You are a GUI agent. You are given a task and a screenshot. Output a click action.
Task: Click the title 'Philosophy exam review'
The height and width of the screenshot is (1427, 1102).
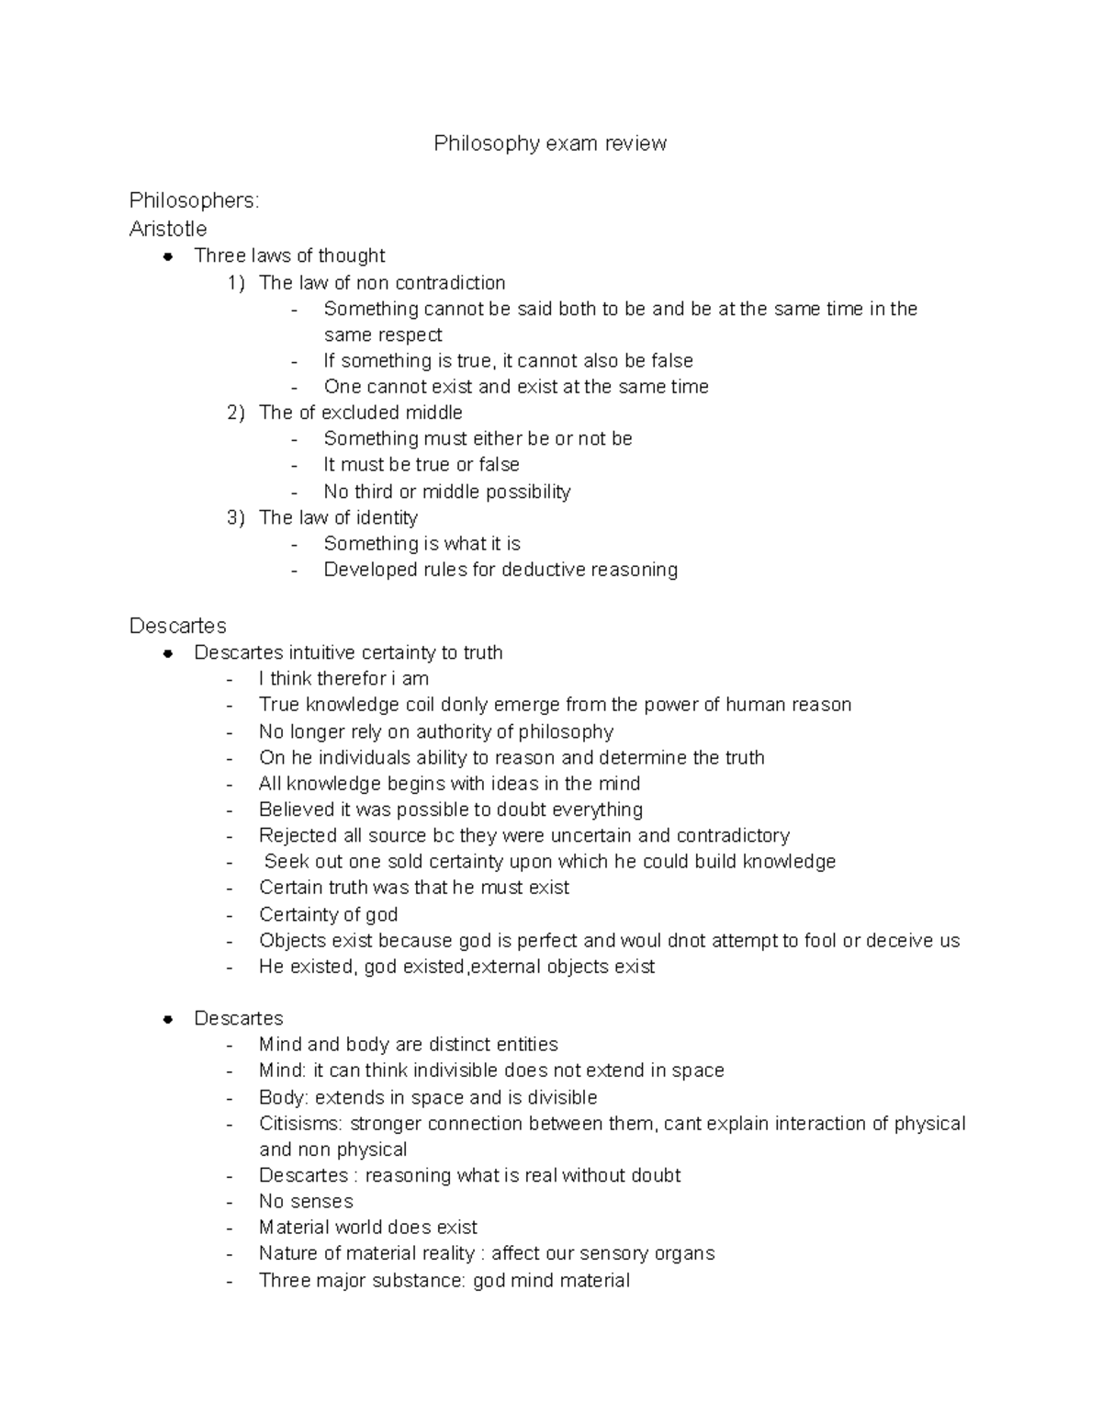tap(550, 143)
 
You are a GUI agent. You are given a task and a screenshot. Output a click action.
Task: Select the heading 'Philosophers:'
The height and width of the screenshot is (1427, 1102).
tap(194, 200)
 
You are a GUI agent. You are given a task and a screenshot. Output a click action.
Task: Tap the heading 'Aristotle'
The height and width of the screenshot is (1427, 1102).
tap(168, 229)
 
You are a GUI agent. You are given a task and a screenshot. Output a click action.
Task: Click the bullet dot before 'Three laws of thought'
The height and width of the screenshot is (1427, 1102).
tap(168, 256)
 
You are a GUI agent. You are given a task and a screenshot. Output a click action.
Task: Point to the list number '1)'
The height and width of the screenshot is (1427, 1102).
tap(236, 283)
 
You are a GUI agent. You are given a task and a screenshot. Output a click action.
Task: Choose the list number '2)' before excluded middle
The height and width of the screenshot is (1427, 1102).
tap(236, 413)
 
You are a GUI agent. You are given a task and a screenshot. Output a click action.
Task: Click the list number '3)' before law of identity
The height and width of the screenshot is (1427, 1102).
tap(236, 517)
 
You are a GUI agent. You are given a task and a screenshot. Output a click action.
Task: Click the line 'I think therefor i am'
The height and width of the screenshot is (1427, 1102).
tap(343, 679)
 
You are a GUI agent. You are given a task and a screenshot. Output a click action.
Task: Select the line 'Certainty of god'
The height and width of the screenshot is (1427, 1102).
tap(328, 914)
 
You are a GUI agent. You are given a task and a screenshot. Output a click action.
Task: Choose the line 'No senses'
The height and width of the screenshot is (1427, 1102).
tap(306, 1201)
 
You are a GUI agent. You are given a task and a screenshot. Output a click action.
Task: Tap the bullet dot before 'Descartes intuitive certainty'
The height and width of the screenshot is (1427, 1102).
tap(168, 653)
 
